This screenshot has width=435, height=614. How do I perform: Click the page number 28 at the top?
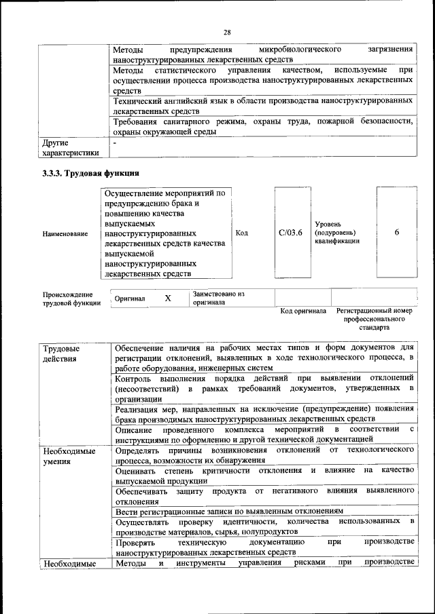click(227, 32)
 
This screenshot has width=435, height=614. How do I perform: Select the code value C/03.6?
click(290, 233)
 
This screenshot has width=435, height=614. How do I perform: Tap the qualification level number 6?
click(396, 233)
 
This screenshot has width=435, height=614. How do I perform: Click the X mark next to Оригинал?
click(168, 298)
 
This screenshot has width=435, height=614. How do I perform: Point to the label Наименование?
click(65, 233)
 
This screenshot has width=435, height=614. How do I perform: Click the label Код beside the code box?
click(241, 233)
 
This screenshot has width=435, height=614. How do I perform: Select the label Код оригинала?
click(303, 311)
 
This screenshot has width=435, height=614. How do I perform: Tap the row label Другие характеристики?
click(71, 148)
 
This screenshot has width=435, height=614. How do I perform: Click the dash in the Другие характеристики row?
click(115, 143)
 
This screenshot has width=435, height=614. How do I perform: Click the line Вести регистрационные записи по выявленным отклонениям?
click(229, 511)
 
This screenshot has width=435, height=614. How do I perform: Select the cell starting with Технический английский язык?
click(264, 105)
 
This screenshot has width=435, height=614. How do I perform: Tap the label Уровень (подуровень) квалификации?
click(336, 232)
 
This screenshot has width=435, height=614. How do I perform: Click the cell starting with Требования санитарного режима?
click(264, 127)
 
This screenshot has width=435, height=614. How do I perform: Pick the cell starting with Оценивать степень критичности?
click(264, 475)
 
